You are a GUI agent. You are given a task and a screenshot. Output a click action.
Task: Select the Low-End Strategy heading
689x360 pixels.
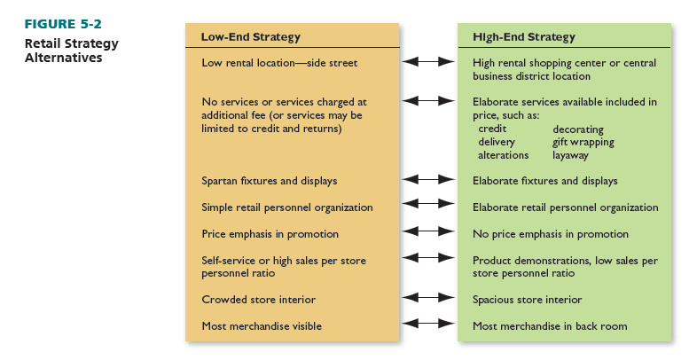[x=251, y=37]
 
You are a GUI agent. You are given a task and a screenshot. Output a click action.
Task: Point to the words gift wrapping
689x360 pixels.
[x=583, y=142]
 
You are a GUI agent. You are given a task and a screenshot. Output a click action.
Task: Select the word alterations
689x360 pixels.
[x=504, y=155]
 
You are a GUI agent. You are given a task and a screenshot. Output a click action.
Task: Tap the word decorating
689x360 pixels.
[x=578, y=129]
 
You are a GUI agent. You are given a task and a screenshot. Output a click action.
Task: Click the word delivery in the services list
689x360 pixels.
[x=497, y=142]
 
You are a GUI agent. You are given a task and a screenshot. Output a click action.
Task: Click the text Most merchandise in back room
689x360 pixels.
[x=550, y=326]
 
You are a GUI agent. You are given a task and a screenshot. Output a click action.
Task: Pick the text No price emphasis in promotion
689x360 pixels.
[x=550, y=234]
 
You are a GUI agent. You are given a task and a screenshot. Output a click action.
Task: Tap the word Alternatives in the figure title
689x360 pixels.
[x=64, y=59]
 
